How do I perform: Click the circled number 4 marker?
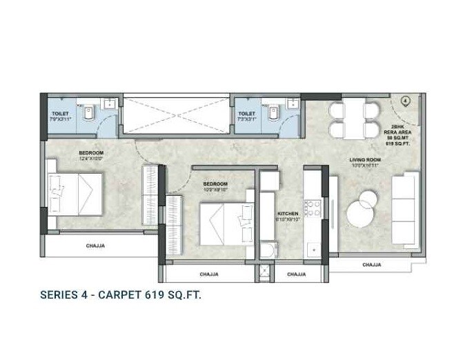coord(406,100)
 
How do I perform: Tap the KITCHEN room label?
coord(287,214)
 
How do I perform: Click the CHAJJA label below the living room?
coord(372,264)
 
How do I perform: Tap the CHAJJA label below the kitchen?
coord(296,274)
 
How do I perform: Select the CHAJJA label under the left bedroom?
coord(96,246)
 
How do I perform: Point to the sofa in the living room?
coord(404,211)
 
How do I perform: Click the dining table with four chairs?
coord(350,119)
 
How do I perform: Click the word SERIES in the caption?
coord(61,295)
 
